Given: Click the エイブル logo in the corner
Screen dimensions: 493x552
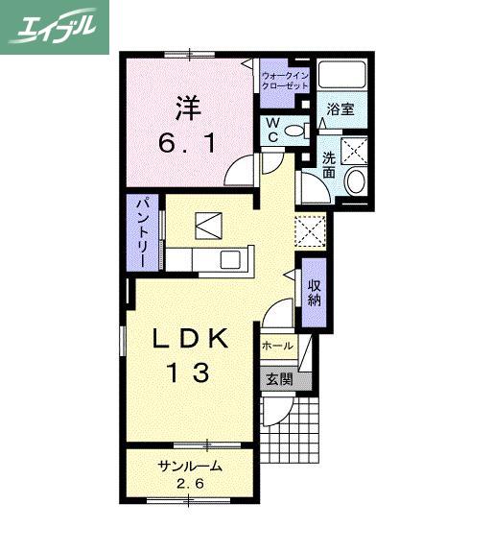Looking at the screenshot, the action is [54, 27].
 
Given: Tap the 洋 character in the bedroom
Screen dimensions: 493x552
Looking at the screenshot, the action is [188, 108].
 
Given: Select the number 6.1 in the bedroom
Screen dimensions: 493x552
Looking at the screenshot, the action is [187, 143].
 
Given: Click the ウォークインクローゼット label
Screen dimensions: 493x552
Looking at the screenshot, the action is [285, 81].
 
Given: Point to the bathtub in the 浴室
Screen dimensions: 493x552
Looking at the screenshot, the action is [341, 75].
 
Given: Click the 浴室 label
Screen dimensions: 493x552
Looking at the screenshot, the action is [340, 109].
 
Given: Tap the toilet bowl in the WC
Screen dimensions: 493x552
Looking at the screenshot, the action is [295, 131].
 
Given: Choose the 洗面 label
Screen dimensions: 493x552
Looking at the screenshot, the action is [329, 165].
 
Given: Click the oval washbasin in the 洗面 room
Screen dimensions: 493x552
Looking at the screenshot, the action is [356, 181].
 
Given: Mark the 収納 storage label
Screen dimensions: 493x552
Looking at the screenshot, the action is [314, 292].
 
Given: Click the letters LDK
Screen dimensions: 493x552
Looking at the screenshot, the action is [190, 338].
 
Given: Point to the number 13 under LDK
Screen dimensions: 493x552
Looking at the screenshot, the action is [189, 372].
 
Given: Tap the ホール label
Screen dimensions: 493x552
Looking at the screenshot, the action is [277, 346].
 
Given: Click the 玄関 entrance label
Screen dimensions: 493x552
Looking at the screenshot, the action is [279, 380].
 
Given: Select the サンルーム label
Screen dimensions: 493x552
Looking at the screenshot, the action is [190, 467].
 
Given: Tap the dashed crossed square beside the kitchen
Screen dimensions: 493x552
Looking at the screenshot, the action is [310, 231].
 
